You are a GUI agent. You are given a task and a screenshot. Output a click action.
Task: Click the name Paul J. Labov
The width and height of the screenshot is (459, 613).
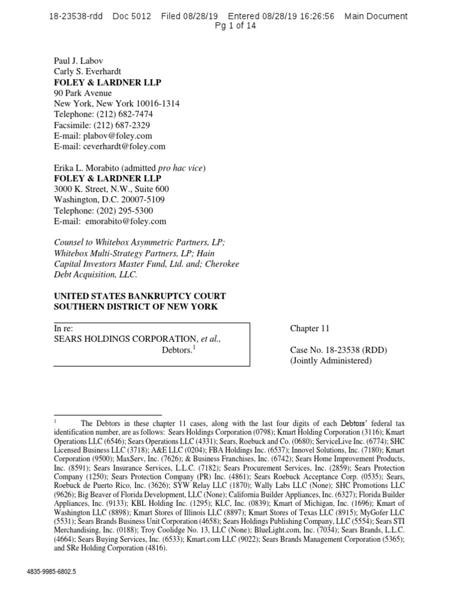click(x=79, y=60)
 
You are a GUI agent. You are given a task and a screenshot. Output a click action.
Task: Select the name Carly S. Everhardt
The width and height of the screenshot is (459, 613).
click(x=87, y=71)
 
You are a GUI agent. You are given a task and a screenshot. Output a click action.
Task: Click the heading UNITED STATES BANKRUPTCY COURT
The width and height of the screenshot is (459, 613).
click(x=140, y=296)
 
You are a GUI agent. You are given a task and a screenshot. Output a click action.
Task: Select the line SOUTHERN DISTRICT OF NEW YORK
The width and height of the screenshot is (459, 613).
click(x=136, y=307)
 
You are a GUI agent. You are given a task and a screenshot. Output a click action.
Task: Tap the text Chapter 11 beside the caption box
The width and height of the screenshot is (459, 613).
click(x=310, y=329)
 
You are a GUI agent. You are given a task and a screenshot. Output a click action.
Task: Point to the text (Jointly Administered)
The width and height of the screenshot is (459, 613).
click(x=331, y=361)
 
